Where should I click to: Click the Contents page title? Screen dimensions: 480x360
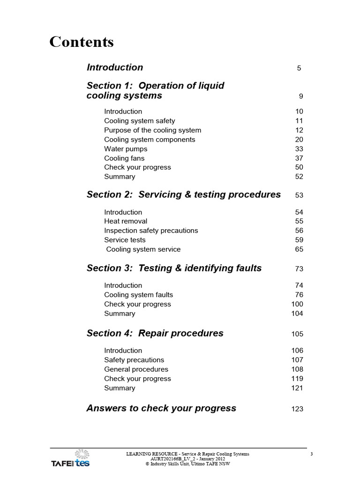tap(82, 42)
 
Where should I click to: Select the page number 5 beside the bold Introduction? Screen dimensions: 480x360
tap(299, 68)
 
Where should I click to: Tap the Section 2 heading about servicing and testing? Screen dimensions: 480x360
tap(184, 195)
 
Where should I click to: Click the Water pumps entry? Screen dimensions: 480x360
tap(126, 149)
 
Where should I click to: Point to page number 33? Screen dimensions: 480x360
tap(299, 149)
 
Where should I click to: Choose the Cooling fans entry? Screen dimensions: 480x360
tap(124, 158)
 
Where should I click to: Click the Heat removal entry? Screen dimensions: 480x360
tap(126, 221)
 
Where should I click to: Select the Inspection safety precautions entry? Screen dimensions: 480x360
tap(151, 231)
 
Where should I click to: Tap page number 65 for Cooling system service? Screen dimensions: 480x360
tap(299, 249)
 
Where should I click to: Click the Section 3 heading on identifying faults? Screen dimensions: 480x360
tap(174, 268)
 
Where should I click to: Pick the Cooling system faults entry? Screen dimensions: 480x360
tap(138, 295)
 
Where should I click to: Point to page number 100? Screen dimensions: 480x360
tap(297, 304)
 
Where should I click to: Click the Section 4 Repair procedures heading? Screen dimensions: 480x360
tap(155, 333)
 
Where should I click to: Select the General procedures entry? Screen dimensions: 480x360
tap(136, 369)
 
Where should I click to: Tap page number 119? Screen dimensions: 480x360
tap(297, 379)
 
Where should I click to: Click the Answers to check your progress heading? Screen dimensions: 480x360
tap(161, 408)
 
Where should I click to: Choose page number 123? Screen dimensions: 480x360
tap(297, 409)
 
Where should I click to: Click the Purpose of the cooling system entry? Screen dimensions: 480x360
tap(152, 130)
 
